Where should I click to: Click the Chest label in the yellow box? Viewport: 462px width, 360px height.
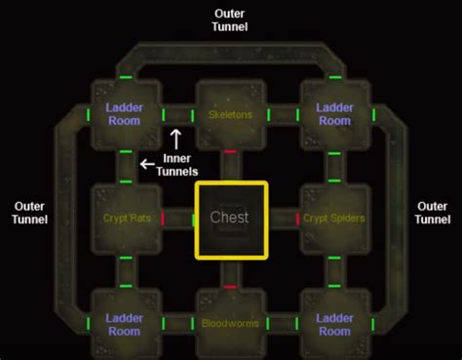click(x=230, y=219)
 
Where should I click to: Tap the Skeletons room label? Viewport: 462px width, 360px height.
click(x=230, y=114)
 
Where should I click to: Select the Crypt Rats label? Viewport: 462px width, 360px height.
click(x=126, y=219)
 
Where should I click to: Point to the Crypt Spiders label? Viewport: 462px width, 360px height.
click(x=333, y=219)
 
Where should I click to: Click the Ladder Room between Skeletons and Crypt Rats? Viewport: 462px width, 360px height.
click(x=126, y=114)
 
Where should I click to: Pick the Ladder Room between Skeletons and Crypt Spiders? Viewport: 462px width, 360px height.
click(x=334, y=114)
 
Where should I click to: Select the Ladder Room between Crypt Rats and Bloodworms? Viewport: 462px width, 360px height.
click(x=126, y=324)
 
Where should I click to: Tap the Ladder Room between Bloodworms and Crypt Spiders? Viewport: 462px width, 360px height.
click(x=334, y=324)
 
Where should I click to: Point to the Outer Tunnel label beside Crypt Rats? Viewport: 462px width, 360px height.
click(x=27, y=213)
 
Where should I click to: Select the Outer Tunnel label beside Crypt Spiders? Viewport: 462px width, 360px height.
click(x=432, y=213)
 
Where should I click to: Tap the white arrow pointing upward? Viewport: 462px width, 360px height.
click(x=176, y=137)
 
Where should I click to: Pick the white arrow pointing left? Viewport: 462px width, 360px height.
click(x=147, y=165)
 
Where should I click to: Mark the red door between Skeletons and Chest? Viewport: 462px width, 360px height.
click(x=230, y=152)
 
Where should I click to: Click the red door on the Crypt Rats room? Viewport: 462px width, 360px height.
click(x=163, y=219)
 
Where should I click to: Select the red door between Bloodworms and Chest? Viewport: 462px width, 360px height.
click(x=230, y=287)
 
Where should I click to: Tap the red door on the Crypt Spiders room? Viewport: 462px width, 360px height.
click(x=297, y=219)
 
